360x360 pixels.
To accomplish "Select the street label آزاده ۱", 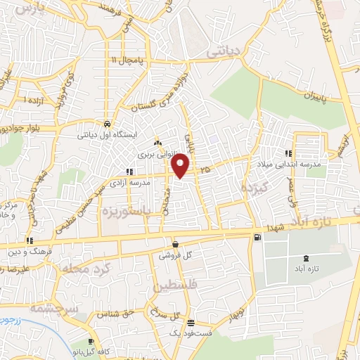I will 33,101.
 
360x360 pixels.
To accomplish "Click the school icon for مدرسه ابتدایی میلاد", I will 288,153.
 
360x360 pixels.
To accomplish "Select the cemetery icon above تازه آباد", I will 304,260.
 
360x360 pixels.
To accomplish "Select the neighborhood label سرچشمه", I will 56,307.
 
